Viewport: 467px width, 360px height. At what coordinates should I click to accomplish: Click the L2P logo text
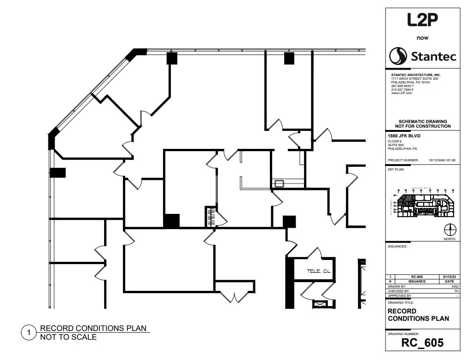coord(422,20)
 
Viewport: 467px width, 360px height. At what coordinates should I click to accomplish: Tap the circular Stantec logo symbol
coord(398,56)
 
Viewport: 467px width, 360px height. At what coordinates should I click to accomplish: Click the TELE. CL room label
coord(319,271)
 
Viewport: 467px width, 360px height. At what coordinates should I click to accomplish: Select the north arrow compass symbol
coord(450,229)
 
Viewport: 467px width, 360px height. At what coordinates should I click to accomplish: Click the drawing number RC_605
coord(422,342)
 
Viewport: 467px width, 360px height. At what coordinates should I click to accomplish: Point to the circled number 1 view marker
coord(29,332)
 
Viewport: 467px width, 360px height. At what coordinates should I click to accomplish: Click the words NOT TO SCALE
coord(68,337)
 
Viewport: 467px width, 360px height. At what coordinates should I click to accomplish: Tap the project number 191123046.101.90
coord(441,160)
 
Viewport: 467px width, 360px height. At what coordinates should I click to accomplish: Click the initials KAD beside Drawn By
coord(455,286)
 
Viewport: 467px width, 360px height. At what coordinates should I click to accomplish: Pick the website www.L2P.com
coord(401,93)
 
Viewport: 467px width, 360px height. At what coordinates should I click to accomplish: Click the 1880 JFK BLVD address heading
coord(404,136)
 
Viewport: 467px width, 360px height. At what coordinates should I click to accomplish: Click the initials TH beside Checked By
coord(455,291)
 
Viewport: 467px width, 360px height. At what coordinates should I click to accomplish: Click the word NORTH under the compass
coord(450,239)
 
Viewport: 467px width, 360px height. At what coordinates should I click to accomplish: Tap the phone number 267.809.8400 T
coord(403,86)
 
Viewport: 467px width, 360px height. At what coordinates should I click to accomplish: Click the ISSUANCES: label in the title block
coord(397,246)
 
